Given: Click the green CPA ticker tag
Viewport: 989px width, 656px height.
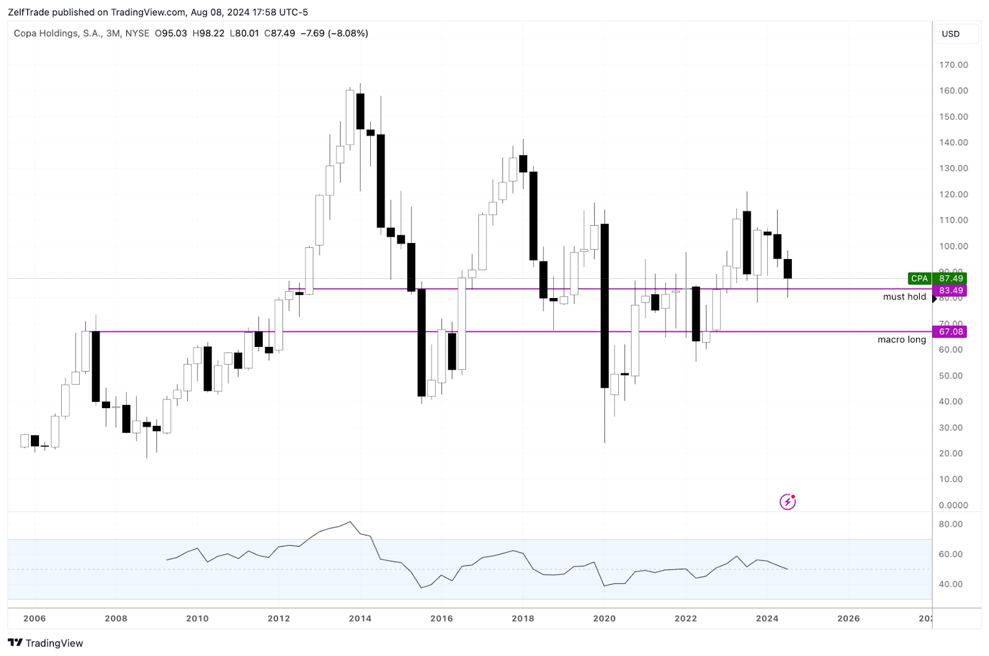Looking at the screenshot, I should click(x=919, y=279).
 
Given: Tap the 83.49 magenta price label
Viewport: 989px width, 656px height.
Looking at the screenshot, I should click(x=951, y=291).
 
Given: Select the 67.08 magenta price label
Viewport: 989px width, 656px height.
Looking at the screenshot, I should click(x=951, y=332).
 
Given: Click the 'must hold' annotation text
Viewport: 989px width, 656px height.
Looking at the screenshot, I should click(x=904, y=297).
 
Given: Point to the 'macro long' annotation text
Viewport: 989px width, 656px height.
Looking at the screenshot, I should click(x=902, y=339).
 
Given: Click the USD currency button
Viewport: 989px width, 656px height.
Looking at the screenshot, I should click(x=951, y=34).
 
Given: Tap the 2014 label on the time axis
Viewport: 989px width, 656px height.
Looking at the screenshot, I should click(x=360, y=618).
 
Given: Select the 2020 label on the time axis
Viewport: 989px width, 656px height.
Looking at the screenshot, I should click(x=604, y=618).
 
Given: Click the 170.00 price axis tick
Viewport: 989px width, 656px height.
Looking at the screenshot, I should click(x=953, y=65).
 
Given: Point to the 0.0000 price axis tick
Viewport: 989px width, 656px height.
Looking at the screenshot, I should click(x=953, y=505).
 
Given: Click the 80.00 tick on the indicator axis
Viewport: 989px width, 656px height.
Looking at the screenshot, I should click(x=951, y=524).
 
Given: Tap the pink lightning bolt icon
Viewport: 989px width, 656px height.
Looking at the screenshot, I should click(x=787, y=501).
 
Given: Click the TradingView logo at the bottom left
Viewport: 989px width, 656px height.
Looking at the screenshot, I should click(x=45, y=643).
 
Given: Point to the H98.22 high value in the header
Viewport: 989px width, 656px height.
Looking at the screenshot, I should click(x=208, y=33).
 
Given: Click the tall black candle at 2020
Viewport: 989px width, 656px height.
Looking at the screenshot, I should click(x=605, y=306).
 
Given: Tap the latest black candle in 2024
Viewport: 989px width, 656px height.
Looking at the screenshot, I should click(x=787, y=268).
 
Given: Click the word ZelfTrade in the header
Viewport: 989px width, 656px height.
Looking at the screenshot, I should click(x=28, y=12).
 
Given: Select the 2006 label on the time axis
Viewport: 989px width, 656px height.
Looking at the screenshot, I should click(x=35, y=618).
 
